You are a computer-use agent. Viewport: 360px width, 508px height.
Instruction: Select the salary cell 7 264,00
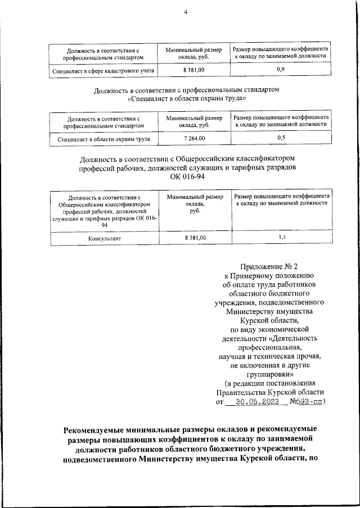click(x=194, y=138)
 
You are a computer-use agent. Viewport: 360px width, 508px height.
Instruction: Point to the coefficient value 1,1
click(x=282, y=238)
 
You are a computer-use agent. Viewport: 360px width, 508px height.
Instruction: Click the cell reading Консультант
click(x=105, y=238)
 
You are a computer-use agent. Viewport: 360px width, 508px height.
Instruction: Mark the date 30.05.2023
click(x=256, y=402)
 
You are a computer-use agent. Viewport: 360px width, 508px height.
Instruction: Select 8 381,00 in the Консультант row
click(x=195, y=238)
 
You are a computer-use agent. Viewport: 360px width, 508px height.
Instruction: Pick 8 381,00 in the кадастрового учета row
click(x=194, y=69)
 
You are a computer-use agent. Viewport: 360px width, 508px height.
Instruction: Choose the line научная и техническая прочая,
click(x=269, y=356)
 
